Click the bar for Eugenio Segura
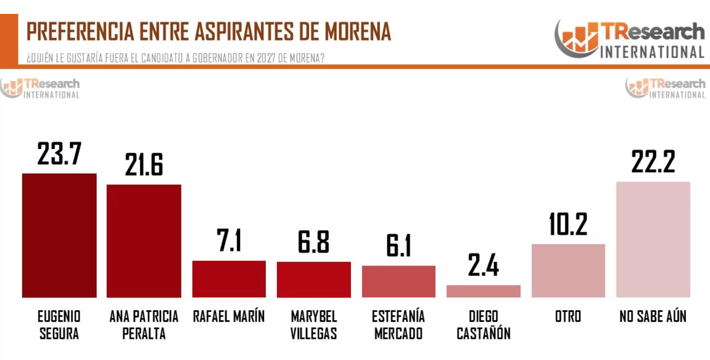pyautogui.click(x=59, y=235)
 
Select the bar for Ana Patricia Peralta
pyautogui.click(x=144, y=241)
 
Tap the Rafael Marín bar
pyautogui.click(x=229, y=279)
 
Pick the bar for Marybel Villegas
pyautogui.click(x=314, y=279)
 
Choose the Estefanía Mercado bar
pyautogui.click(x=398, y=281)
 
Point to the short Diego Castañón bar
pyautogui.click(x=483, y=291)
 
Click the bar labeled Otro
pyautogui.click(x=568, y=271)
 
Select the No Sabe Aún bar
pyautogui.click(x=653, y=239)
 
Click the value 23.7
pyautogui.click(x=59, y=154)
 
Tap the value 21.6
pyautogui.click(x=144, y=165)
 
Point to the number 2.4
pyautogui.click(x=483, y=265)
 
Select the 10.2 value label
pyautogui.click(x=568, y=224)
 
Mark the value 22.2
pyautogui.click(x=653, y=162)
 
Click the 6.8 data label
pyautogui.click(x=314, y=242)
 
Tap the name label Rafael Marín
pyautogui.click(x=229, y=317)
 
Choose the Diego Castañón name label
pyautogui.click(x=483, y=325)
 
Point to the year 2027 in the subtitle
pyautogui.click(x=267, y=58)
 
